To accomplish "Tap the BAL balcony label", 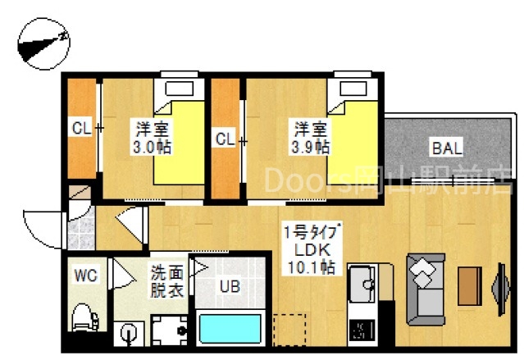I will click(447, 148).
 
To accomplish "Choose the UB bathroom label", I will click(229, 287).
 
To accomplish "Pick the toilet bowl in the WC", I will click(83, 316).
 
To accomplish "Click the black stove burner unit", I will click(361, 331).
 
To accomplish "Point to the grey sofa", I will click(426, 288).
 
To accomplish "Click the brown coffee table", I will click(469, 287).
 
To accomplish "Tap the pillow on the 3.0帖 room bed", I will click(176, 89).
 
